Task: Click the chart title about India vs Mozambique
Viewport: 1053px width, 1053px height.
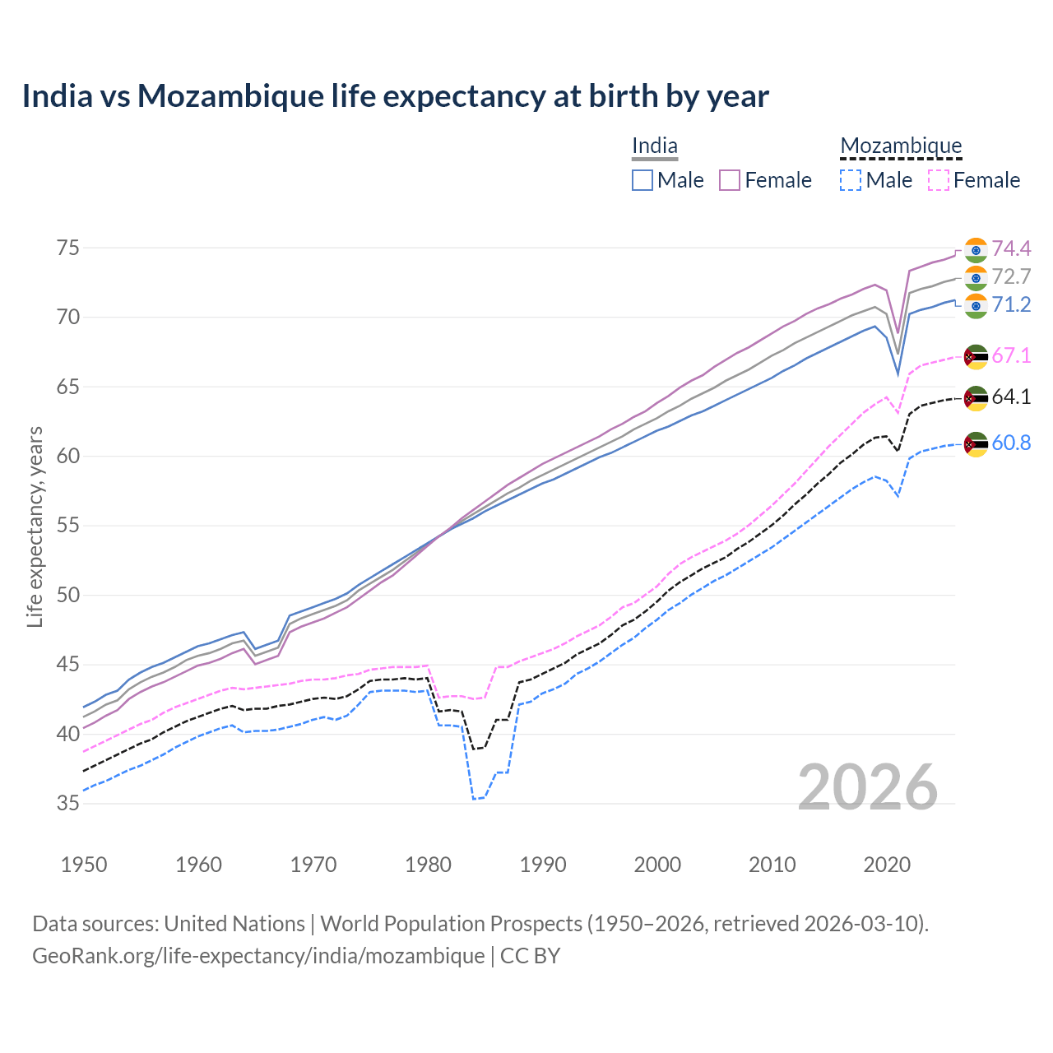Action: [x=395, y=96]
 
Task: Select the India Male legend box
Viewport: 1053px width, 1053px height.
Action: [x=642, y=180]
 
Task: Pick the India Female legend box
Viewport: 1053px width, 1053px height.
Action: [x=730, y=180]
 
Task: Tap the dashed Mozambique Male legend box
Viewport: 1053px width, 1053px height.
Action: [x=851, y=180]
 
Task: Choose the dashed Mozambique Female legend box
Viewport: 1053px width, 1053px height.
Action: [x=939, y=180]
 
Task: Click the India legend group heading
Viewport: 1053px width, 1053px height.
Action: [x=655, y=146]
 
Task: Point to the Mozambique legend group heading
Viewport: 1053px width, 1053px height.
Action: [x=901, y=146]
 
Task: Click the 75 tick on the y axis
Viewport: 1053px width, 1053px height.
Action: [x=68, y=248]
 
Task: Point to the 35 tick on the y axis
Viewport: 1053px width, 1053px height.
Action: [x=68, y=803]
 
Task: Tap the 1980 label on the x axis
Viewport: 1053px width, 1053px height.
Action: [x=429, y=865]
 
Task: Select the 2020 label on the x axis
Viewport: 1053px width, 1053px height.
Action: [x=887, y=865]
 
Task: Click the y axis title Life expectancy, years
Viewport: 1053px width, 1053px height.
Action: [x=35, y=526]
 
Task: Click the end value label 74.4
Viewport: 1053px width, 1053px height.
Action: [x=1011, y=248]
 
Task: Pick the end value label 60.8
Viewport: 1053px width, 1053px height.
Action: [x=1011, y=443]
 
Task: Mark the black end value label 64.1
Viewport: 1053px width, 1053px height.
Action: [x=1011, y=397]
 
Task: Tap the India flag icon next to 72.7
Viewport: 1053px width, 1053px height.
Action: [x=976, y=277]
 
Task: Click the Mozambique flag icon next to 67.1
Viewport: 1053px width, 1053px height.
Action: [x=976, y=356]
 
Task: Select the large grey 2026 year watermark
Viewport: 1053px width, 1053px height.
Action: [x=868, y=787]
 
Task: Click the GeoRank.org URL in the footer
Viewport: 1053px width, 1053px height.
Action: [x=258, y=956]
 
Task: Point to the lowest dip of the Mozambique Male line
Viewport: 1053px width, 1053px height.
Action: [x=474, y=799]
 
